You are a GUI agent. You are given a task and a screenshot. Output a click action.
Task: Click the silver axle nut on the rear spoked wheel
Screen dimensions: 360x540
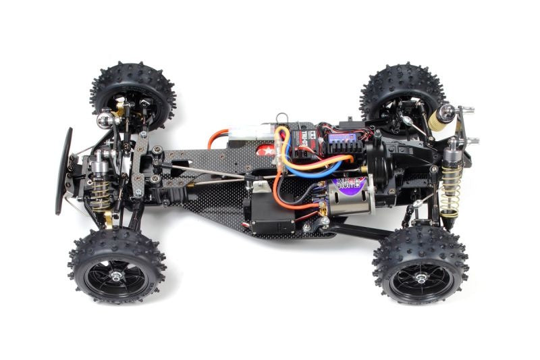tap(420, 278)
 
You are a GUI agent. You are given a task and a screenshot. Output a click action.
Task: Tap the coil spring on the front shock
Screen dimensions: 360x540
tap(103, 192)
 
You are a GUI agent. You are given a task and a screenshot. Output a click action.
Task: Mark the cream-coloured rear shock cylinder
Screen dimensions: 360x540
tap(440, 119)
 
